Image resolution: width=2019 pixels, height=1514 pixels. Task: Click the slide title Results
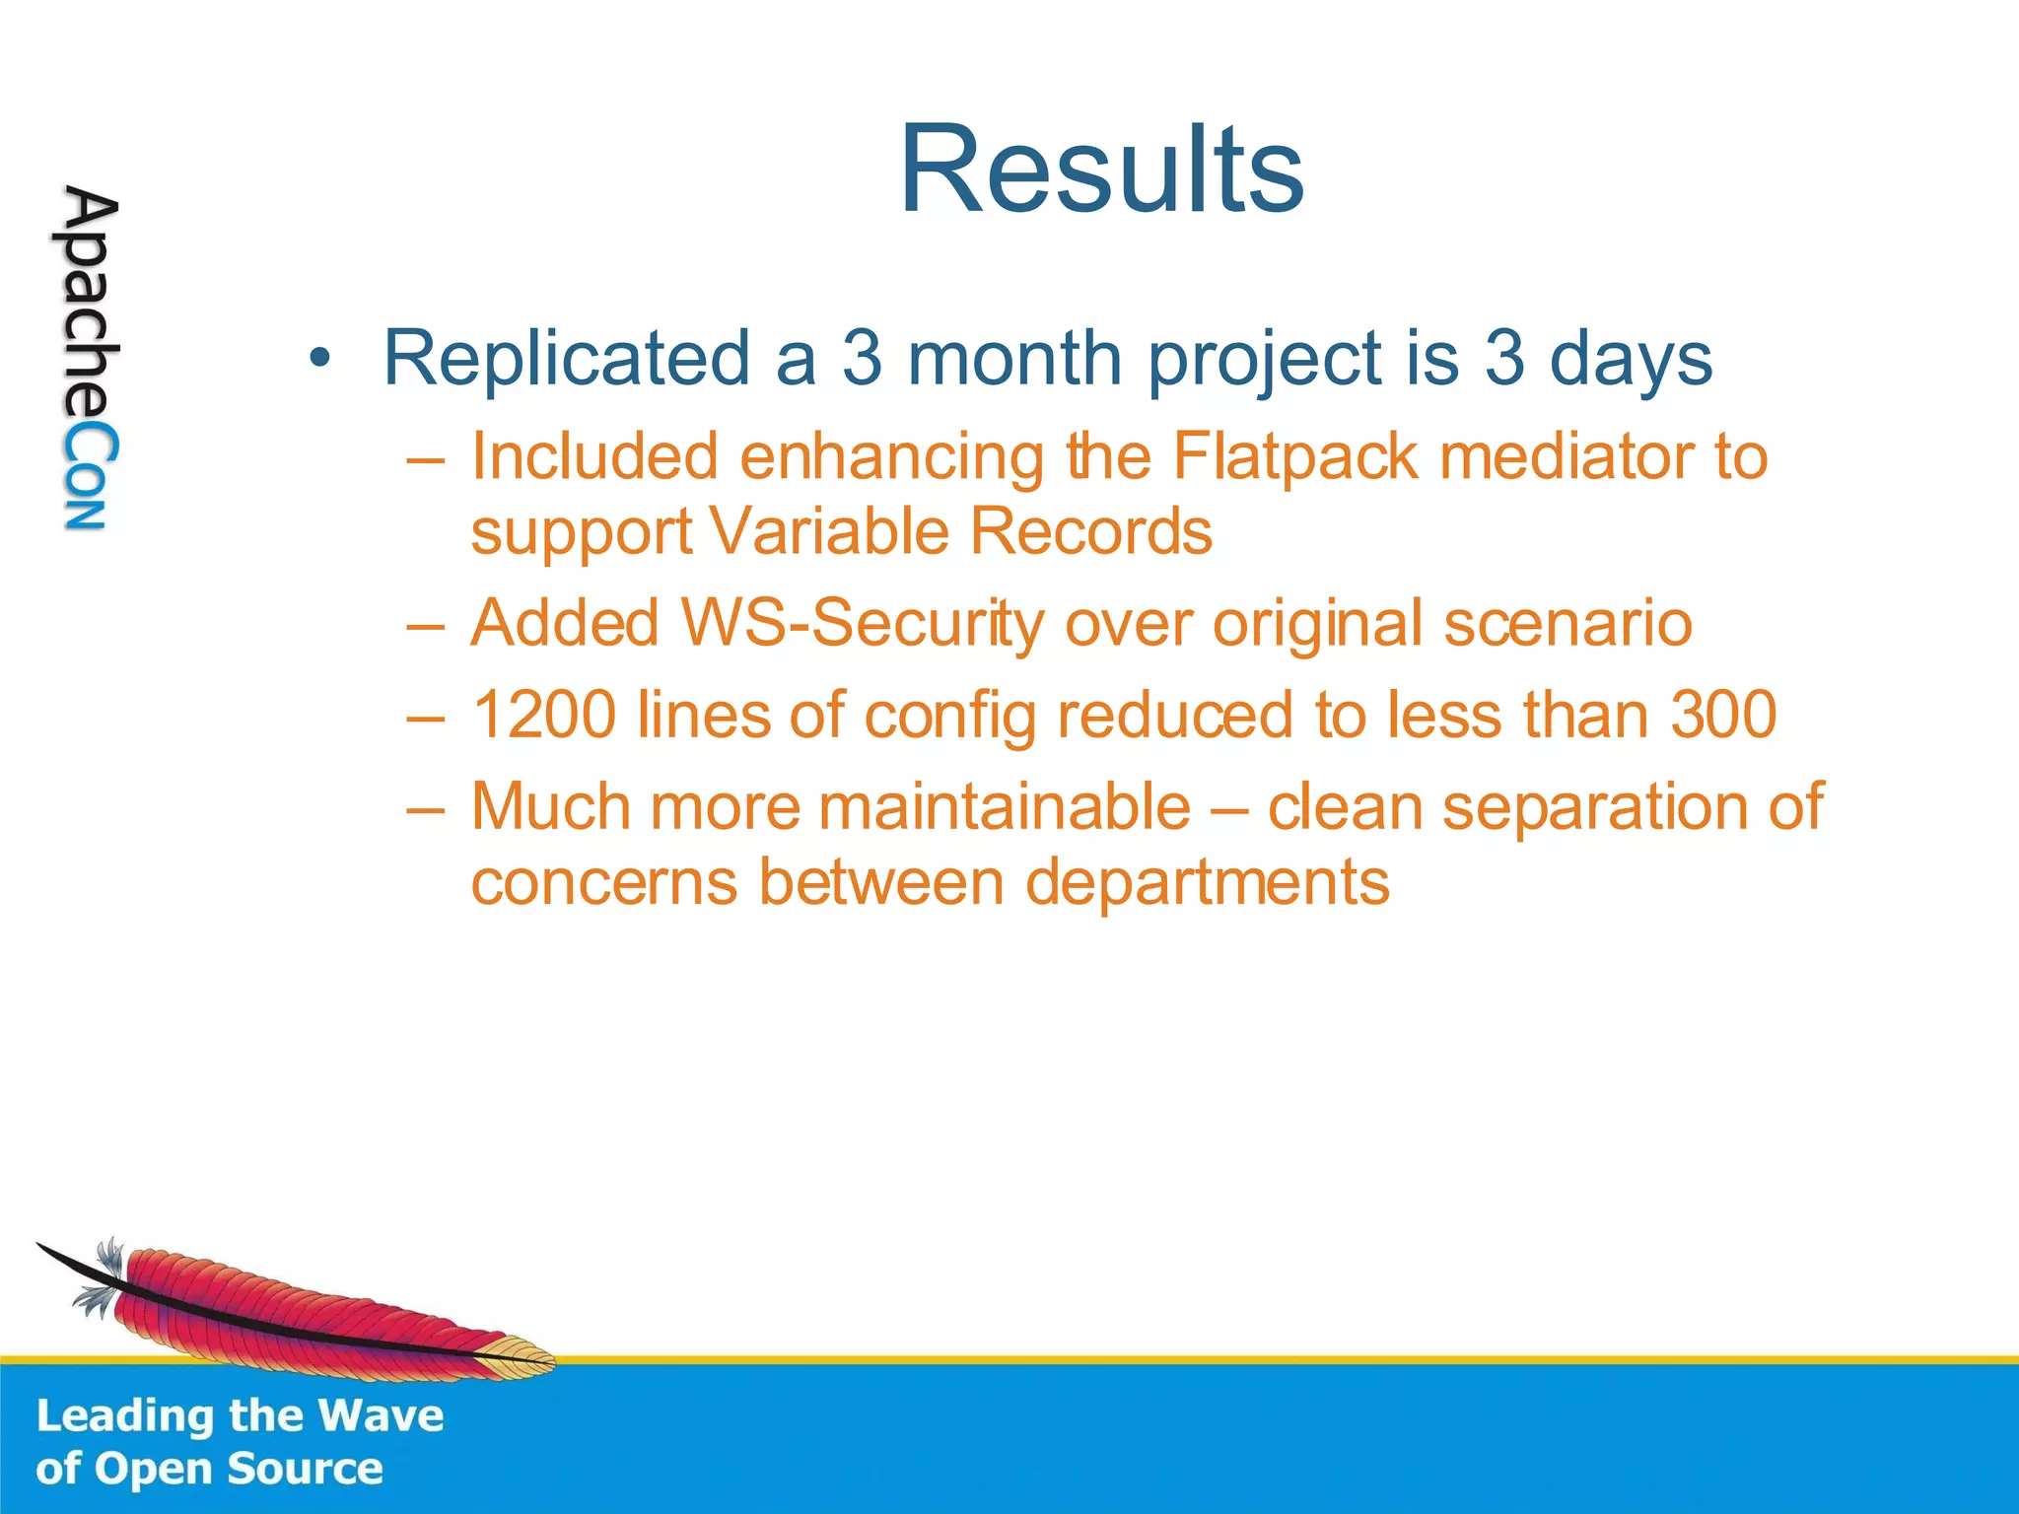[x=1101, y=170]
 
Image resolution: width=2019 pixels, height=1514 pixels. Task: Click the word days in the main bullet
[x=1631, y=359]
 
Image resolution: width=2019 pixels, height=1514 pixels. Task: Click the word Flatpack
[x=1295, y=457]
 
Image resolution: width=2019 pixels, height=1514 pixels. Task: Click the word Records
[x=1090, y=532]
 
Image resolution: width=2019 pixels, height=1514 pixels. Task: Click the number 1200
[x=544, y=715]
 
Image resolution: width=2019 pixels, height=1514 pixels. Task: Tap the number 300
[x=1723, y=715]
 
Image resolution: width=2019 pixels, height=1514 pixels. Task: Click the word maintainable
[x=1005, y=806]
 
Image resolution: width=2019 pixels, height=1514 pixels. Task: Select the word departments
[x=1207, y=881]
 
